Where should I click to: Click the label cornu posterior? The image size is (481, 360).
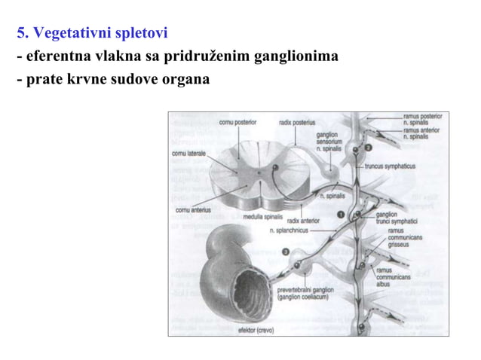pos(237,121)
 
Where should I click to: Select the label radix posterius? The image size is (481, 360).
pos(297,121)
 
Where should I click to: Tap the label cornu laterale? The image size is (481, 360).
pos(188,154)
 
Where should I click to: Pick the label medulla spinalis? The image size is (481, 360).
pos(262,217)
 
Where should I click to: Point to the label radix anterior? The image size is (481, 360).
pos(303,221)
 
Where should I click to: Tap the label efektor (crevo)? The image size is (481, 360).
pos(256,330)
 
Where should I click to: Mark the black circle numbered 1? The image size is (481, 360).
pos(341,215)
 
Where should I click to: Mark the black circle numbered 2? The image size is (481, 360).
pos(368,148)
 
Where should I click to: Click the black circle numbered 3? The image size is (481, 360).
pos(285,252)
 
